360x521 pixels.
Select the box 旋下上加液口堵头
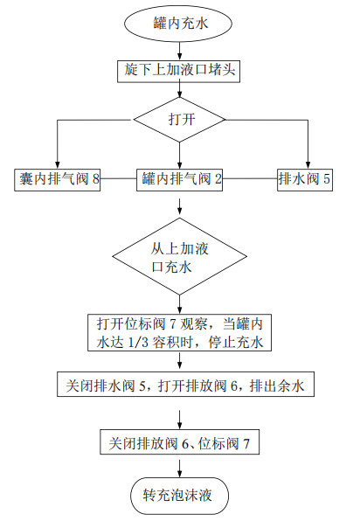[x=180, y=67]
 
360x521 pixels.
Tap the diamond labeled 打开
[x=180, y=121]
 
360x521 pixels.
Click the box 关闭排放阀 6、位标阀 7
[x=179, y=442]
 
